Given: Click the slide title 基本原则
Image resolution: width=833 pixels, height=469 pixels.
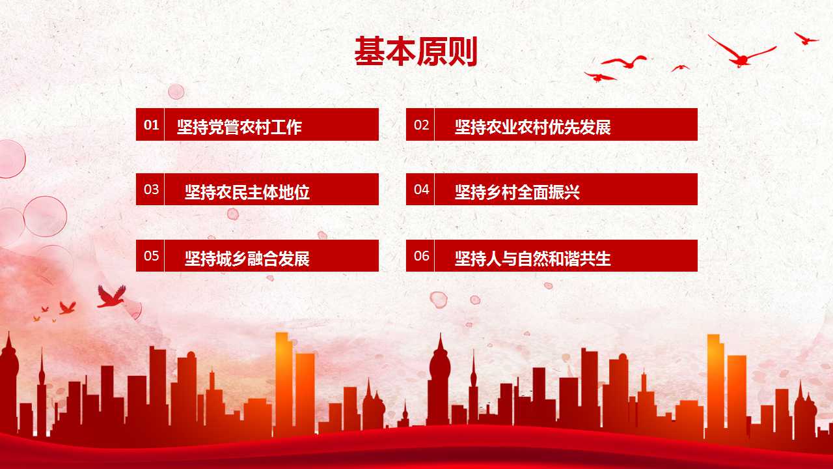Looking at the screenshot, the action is tap(416, 51).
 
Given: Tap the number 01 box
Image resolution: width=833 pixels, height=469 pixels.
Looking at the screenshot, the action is tap(150, 124).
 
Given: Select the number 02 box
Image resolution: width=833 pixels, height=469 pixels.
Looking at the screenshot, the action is tap(420, 124).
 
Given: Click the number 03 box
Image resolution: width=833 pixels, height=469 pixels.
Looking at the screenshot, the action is tap(150, 189).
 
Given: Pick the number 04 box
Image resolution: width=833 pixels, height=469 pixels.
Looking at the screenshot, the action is tap(420, 189).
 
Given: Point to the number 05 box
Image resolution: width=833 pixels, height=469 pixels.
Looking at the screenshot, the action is tap(150, 255).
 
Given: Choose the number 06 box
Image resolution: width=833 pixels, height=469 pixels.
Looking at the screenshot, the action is tap(420, 255).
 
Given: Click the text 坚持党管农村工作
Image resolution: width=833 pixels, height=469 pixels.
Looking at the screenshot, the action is tap(239, 127).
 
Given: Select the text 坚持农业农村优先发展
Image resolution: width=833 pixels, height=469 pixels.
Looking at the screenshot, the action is tap(532, 127).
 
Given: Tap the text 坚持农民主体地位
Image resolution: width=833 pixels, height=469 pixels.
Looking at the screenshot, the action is tap(247, 192).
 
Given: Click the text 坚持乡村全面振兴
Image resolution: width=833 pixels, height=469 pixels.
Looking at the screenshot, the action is tap(517, 192).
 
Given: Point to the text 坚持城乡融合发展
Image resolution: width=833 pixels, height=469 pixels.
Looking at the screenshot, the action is tap(247, 259).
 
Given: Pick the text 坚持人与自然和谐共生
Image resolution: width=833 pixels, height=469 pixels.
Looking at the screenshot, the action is tap(532, 259).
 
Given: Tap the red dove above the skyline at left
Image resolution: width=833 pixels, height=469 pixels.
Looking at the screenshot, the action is tap(111, 297).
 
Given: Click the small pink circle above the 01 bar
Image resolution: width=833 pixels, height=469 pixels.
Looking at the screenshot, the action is tap(176, 92).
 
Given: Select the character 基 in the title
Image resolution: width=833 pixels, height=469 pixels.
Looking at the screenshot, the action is tap(369, 51).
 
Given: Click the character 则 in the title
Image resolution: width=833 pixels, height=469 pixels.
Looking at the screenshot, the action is tap(463, 51).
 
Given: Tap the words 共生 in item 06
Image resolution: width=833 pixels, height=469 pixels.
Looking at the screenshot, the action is tap(595, 259).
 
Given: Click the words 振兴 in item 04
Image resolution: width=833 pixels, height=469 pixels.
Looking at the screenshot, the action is tap(564, 192).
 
